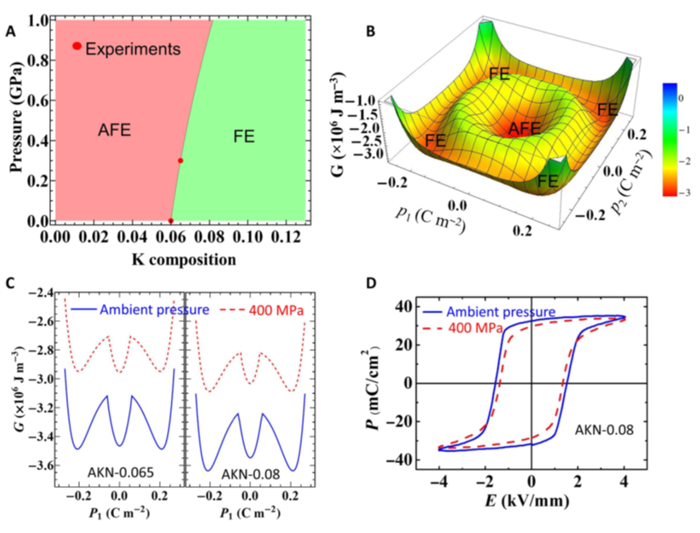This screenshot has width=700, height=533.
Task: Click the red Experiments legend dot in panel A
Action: click(77, 46)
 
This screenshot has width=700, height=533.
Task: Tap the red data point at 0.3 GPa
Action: click(180, 160)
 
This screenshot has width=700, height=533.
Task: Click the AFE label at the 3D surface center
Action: click(526, 129)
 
